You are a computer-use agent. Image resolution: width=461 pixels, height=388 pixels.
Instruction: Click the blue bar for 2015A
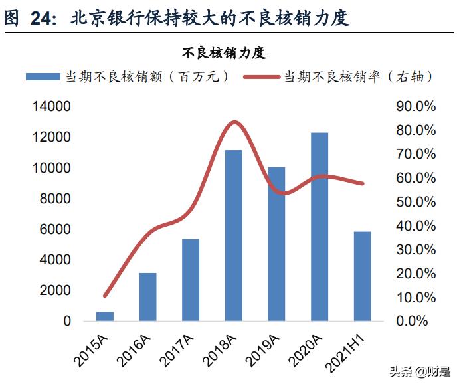(x=105, y=316)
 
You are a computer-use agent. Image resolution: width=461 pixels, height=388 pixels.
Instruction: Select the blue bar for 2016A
(x=147, y=297)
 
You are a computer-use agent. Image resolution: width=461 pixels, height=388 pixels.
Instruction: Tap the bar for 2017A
(x=191, y=280)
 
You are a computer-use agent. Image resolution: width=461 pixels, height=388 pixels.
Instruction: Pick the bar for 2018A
(x=233, y=235)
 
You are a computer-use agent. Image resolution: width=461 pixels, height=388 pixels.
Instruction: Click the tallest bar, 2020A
(x=320, y=227)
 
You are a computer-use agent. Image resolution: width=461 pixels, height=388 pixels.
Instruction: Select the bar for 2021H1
(x=362, y=276)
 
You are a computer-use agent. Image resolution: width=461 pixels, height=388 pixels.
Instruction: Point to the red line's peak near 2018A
(x=234, y=122)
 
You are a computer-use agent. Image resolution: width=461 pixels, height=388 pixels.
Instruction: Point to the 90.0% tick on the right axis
(x=416, y=106)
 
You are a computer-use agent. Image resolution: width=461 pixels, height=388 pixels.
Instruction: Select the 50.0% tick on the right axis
(x=416, y=202)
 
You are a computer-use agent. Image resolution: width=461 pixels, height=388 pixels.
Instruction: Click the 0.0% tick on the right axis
(x=419, y=322)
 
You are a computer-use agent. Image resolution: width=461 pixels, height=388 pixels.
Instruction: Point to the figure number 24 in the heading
(x=44, y=19)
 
